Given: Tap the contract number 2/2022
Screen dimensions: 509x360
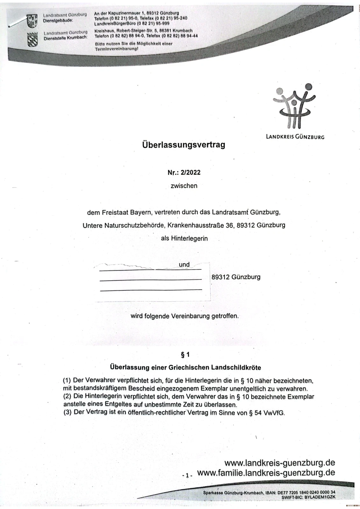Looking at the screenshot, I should tap(190, 172).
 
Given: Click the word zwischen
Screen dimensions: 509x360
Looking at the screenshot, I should tap(184, 186).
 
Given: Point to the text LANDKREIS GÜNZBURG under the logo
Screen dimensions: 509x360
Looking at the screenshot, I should tap(295, 137).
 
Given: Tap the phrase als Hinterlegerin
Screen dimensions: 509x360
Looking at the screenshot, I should tap(184, 238).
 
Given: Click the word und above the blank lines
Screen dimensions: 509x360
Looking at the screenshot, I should tap(184, 265).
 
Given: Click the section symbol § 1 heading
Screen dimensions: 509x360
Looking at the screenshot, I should tap(185, 354).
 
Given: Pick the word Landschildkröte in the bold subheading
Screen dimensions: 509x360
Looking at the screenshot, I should tap(236, 367).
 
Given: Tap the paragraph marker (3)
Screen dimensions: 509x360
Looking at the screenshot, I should tap(67, 412).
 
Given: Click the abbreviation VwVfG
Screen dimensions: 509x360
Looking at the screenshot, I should tap(274, 414).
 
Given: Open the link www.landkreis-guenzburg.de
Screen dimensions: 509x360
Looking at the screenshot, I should tap(279, 462).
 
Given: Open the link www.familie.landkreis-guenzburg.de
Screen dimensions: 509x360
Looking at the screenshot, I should tap(266, 473).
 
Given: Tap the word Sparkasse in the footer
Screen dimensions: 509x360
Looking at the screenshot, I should tap(213, 492).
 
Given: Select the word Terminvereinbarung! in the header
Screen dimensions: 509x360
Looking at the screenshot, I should tap(116, 49).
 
